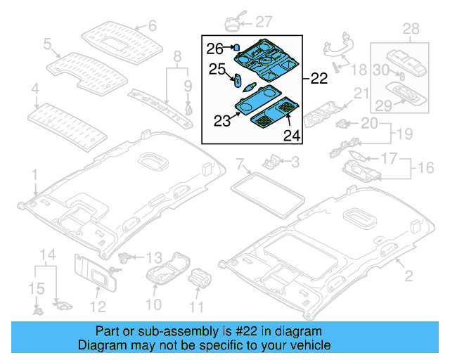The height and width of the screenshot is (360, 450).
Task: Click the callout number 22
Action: (x=319, y=79)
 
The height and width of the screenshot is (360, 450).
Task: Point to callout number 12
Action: (x=98, y=306)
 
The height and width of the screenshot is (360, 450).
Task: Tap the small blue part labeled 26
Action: (x=237, y=48)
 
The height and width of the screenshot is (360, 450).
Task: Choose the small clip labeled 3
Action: (x=270, y=162)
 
